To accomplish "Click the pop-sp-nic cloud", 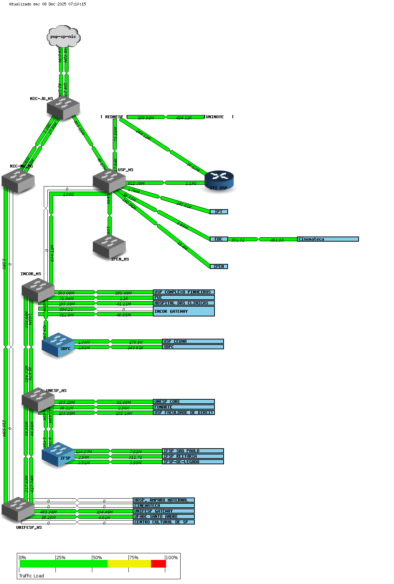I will pos(63,36).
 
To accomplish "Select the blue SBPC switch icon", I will pos(58,345).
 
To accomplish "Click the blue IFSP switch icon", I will pos(58,454).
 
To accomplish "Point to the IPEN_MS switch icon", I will pos(109,246).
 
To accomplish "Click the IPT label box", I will pos(219,212).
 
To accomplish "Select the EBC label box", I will pos(219,239).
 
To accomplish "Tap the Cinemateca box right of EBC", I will pos(328,239).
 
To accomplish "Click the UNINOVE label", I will pos(215,117).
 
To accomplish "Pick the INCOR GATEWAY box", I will pos(184,311).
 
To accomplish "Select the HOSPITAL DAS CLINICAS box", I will pos(184,303).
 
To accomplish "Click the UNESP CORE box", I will pos(184,401).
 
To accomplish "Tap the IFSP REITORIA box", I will pos(193,456).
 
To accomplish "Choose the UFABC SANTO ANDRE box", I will pos(163,516).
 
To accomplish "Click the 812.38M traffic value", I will pos(136,183).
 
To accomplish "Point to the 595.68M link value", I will pos(123,293).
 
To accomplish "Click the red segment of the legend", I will pos(158,564).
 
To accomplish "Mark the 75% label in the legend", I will pos(134,558).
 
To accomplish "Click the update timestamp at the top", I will pos(47,4).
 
